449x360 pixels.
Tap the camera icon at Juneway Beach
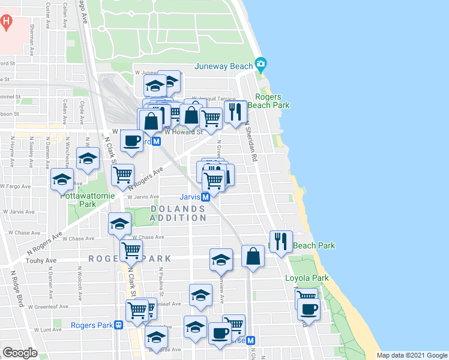click(x=261, y=64)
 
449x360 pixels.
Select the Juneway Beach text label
click(x=224, y=66)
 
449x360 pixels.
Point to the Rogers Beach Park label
click(x=273, y=101)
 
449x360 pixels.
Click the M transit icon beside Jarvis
click(x=205, y=197)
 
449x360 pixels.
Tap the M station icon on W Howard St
click(x=156, y=142)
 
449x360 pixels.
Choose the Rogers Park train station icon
click(x=119, y=325)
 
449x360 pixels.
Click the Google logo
click(x=20, y=353)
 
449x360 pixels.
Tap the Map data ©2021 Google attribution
click(x=412, y=355)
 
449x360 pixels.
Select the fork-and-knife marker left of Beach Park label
click(x=281, y=241)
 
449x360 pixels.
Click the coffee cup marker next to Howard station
click(x=131, y=141)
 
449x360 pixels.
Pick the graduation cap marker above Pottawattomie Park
click(x=88, y=158)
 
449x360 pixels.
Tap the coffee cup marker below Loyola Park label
click(x=309, y=310)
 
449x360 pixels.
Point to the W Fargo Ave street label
click(x=17, y=187)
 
